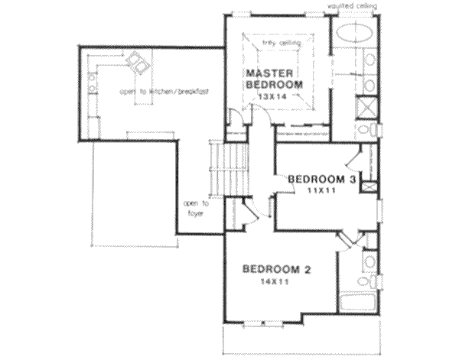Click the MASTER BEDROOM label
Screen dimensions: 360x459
pyautogui.click(x=273, y=79)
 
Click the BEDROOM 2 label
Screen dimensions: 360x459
pyautogui.click(x=275, y=269)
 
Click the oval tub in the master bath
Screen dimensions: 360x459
pyautogui.click(x=351, y=35)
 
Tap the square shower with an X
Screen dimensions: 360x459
pyautogui.click(x=368, y=106)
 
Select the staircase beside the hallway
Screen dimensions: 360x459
pyautogui.click(x=223, y=172)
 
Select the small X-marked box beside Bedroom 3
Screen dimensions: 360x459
pyautogui.click(x=369, y=186)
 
